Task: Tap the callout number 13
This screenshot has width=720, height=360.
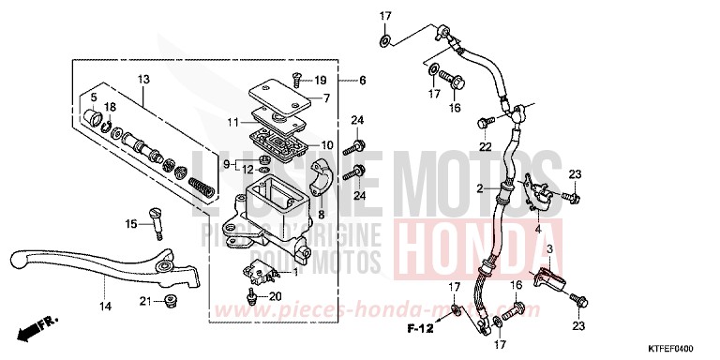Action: click(143, 79)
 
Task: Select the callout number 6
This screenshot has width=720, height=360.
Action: click(362, 82)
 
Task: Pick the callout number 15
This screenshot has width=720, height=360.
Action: click(131, 221)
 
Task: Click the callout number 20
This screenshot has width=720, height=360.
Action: click(276, 295)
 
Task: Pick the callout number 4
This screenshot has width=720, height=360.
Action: click(538, 228)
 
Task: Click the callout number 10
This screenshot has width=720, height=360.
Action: click(327, 144)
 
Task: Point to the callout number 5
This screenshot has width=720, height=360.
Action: click(94, 97)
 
